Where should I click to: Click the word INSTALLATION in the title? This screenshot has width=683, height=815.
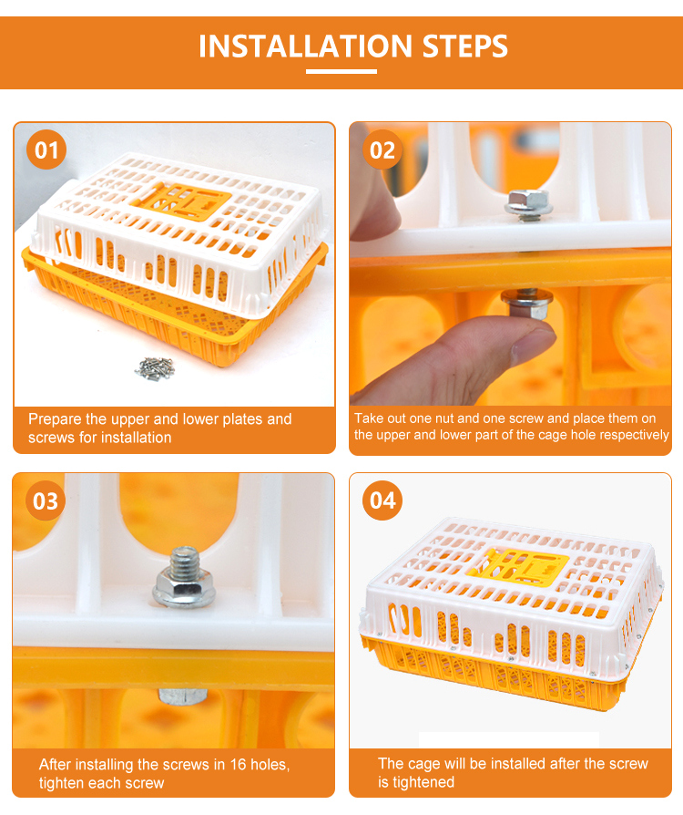[306, 46]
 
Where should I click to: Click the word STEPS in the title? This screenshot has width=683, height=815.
[464, 46]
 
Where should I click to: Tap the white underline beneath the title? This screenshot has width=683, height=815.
[341, 71]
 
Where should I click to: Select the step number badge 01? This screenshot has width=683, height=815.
[46, 150]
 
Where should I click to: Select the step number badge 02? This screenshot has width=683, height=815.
[382, 150]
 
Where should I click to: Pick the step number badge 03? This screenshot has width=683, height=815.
[46, 500]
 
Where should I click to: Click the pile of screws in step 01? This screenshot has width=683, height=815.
[155, 368]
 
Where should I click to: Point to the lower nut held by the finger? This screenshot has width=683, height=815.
[526, 304]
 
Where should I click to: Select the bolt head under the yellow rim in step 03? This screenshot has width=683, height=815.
[182, 696]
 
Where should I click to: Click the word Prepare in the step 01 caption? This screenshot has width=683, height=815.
[55, 419]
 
